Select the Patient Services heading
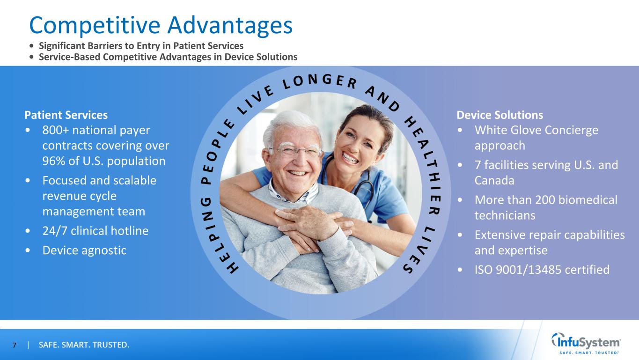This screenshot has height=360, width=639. (x=66, y=115)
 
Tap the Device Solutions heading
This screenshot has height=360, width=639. (x=499, y=115)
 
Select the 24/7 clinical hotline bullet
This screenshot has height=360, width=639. (x=95, y=231)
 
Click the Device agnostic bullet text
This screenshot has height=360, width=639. (x=84, y=250)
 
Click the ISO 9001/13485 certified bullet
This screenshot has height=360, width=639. (x=542, y=270)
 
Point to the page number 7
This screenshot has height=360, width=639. (x=14, y=345)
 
